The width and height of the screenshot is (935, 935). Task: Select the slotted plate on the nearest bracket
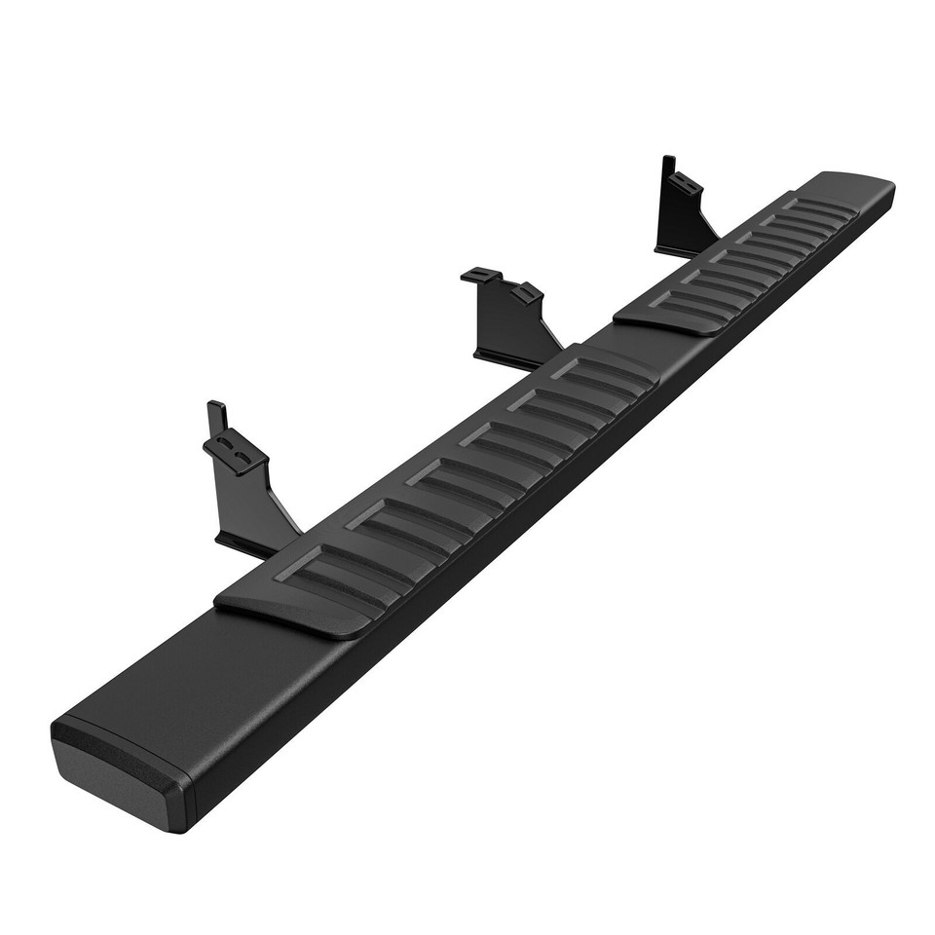click(x=234, y=453)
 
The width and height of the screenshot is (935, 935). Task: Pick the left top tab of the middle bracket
click(x=481, y=277)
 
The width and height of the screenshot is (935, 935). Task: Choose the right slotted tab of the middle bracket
click(x=527, y=292)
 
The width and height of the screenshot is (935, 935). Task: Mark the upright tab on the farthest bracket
click(x=668, y=171)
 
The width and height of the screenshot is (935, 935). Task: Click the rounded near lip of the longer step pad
click(x=282, y=614)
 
